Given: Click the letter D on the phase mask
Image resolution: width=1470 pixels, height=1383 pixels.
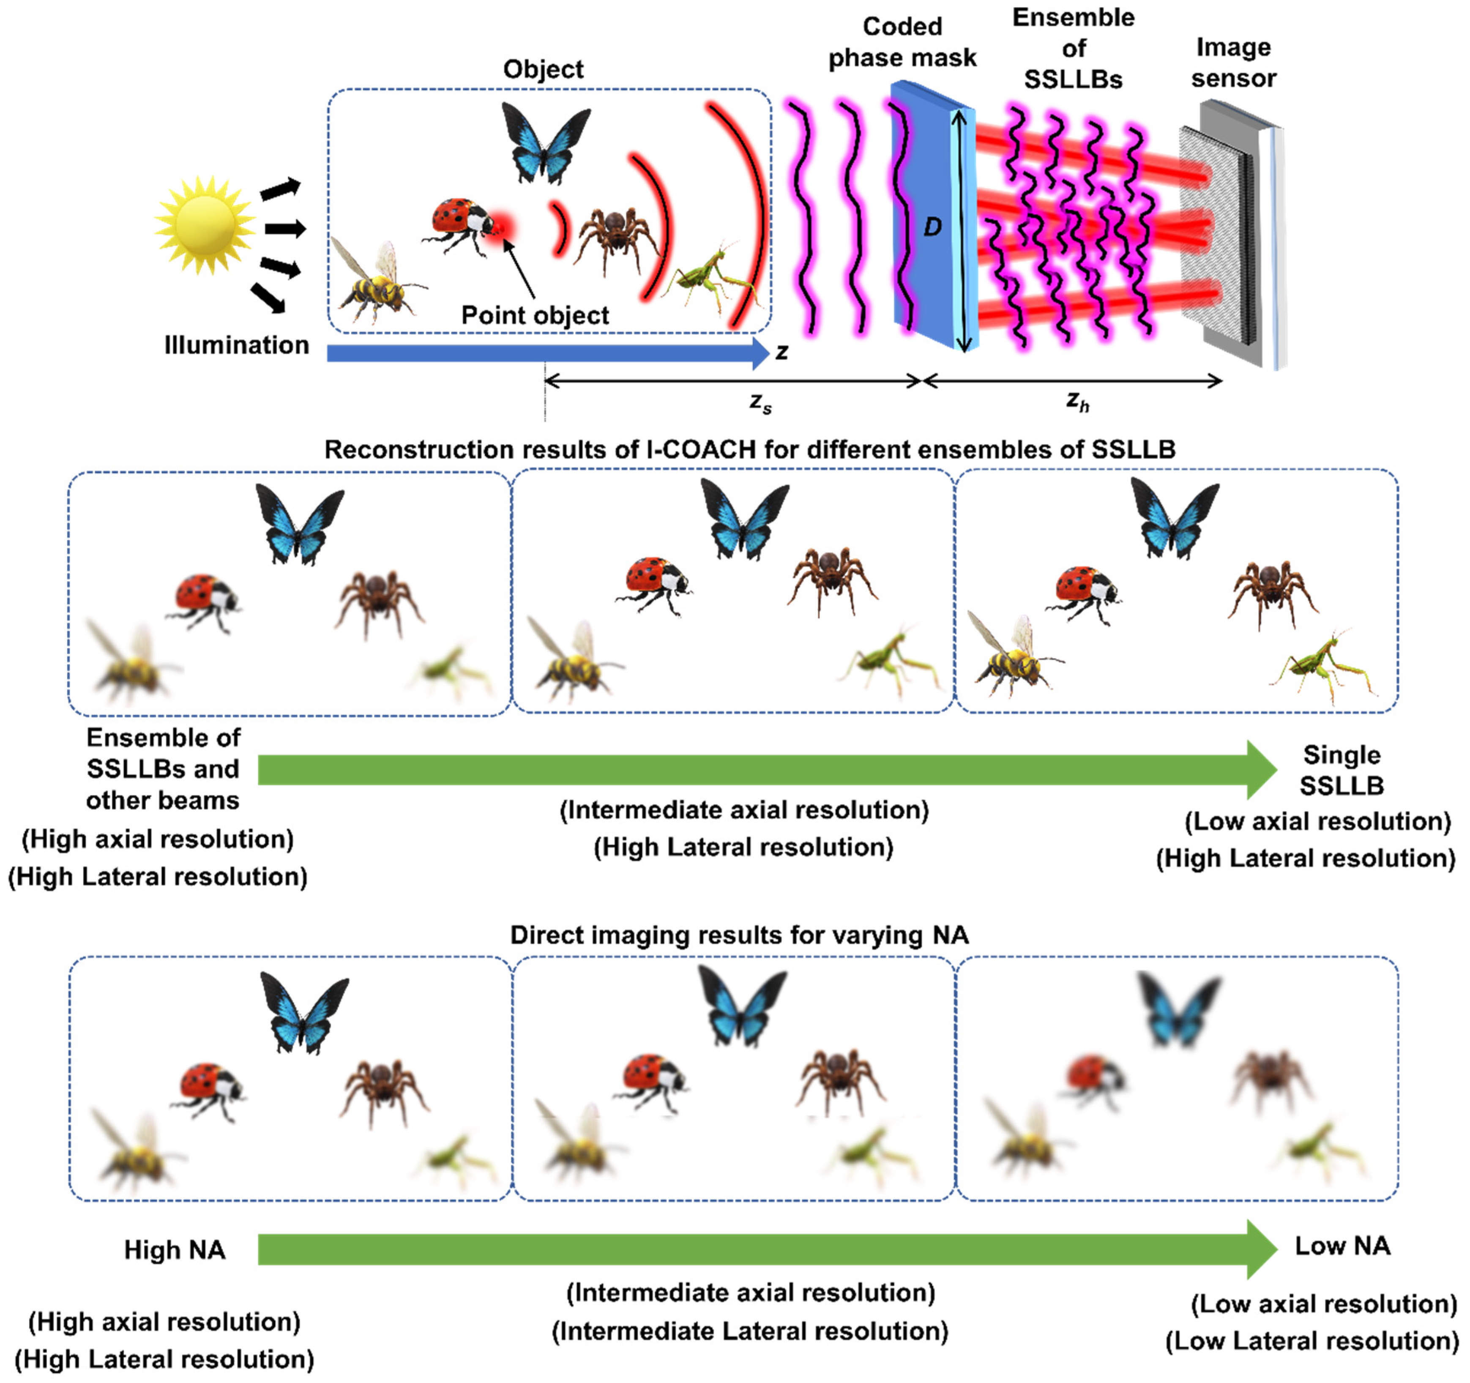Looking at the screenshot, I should click(x=932, y=227).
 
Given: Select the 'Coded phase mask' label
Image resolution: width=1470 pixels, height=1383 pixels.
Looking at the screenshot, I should click(x=902, y=42).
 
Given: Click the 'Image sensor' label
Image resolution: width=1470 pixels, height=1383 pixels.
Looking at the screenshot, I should click(x=1233, y=63).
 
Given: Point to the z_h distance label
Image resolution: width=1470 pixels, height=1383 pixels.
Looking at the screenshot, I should click(x=1077, y=402).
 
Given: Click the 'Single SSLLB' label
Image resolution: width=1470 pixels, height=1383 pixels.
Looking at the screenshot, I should click(x=1342, y=770).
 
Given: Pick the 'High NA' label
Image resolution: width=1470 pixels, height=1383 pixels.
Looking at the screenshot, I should click(x=175, y=1250).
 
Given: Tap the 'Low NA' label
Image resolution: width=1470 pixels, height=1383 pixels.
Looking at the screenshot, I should click(x=1342, y=1246).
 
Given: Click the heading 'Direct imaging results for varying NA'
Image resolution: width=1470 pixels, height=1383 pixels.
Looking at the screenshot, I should click(x=739, y=935).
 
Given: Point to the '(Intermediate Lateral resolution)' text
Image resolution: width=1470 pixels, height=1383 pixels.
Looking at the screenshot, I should click(x=750, y=1331).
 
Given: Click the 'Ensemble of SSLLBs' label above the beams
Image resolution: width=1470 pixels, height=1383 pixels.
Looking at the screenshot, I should click(x=1073, y=48).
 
